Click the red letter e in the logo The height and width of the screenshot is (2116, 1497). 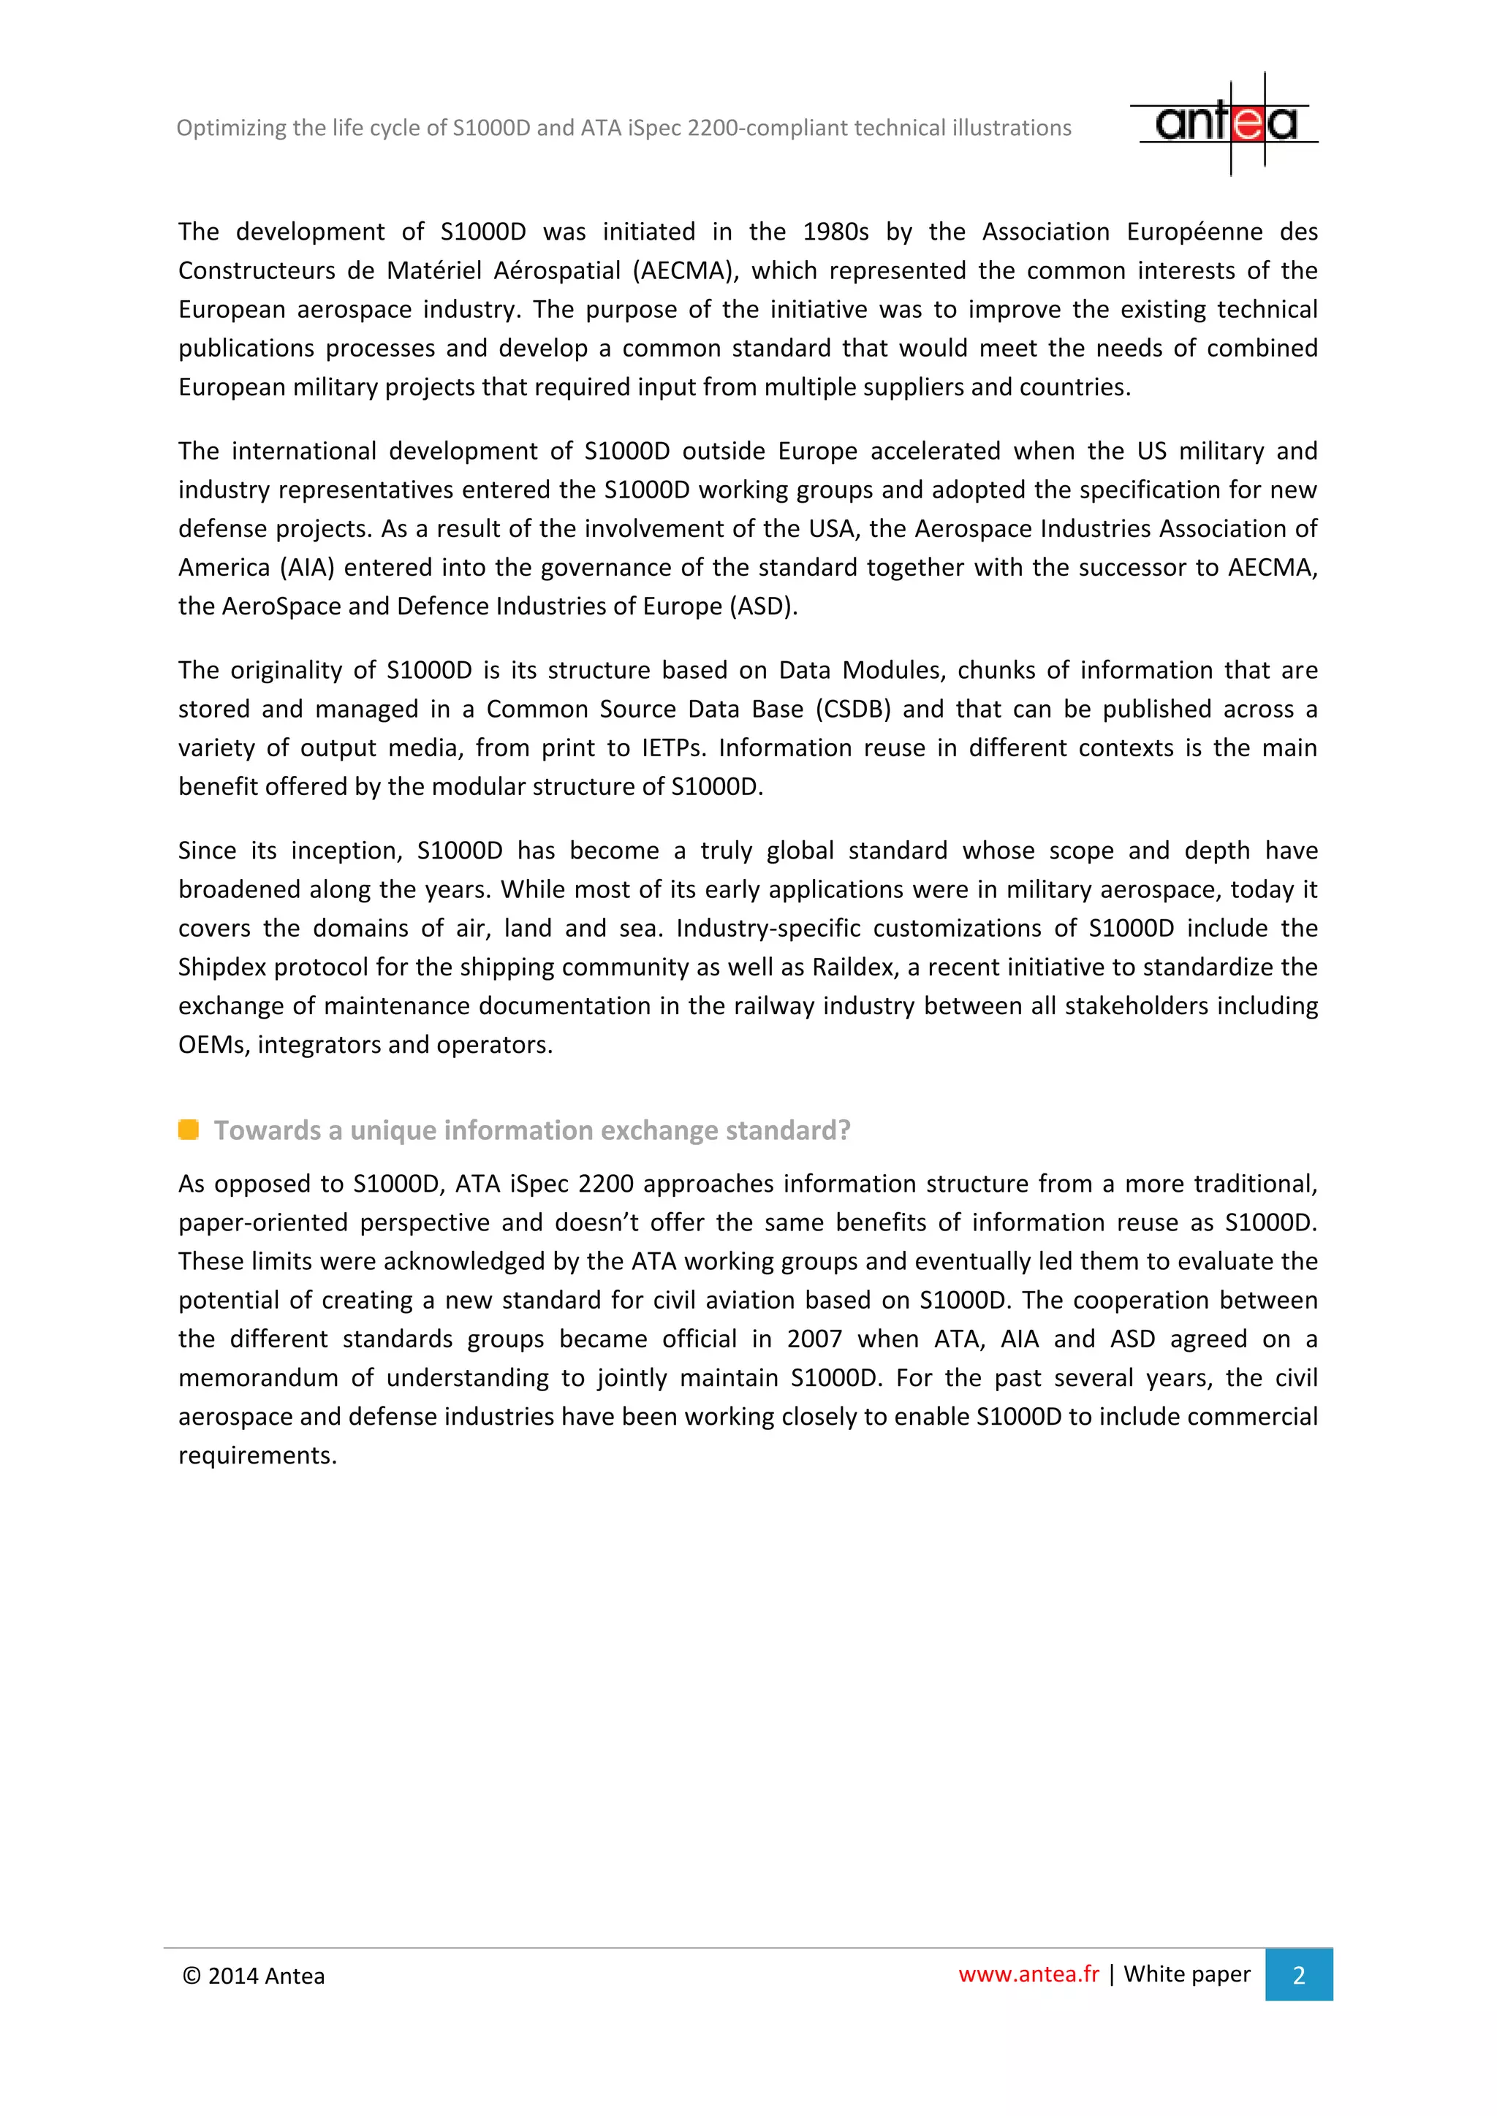tap(1247, 123)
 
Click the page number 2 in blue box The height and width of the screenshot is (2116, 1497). tap(1298, 1975)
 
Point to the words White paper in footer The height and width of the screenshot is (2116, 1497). tap(1186, 1974)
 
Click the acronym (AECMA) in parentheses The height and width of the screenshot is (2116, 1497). tap(685, 271)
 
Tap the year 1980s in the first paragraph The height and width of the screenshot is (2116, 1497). tap(835, 232)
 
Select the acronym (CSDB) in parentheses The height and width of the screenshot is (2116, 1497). tap(854, 709)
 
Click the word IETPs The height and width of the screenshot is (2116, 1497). tap(673, 748)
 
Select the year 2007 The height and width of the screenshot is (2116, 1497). tap(814, 1339)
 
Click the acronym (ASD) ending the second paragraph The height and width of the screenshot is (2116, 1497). tap(763, 606)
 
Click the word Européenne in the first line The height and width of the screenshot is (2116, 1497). tap(1194, 232)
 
